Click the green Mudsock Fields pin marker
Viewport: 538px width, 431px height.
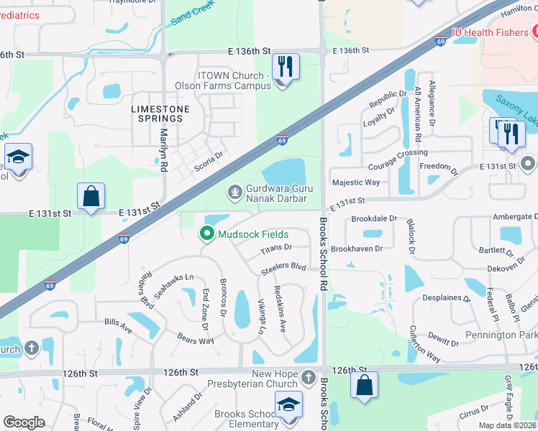coord(207,233)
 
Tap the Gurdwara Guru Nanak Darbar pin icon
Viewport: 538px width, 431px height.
coord(234,192)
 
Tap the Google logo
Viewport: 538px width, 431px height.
coord(23,422)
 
